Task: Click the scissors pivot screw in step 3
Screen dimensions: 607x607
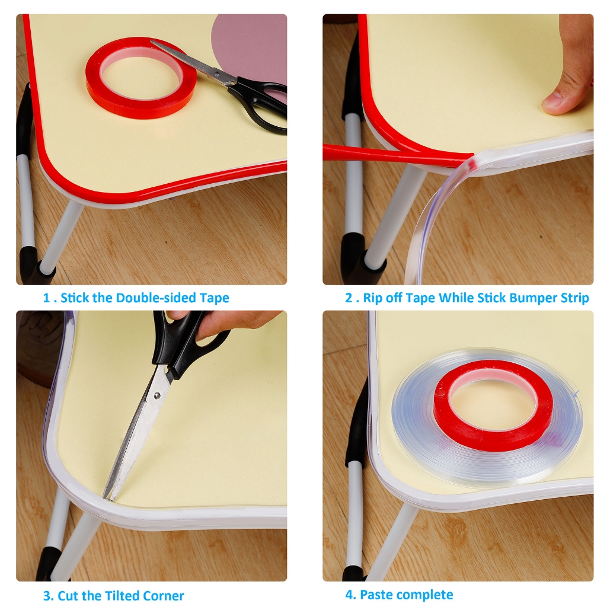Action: (x=157, y=395)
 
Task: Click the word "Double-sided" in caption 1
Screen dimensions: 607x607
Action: (x=156, y=298)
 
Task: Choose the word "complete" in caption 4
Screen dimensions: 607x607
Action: (x=424, y=594)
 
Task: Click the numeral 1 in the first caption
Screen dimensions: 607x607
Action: (x=46, y=298)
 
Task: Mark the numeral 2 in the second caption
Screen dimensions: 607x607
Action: (x=349, y=298)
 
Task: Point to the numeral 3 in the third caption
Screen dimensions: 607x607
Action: (x=47, y=595)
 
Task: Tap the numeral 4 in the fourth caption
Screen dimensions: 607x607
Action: (x=350, y=594)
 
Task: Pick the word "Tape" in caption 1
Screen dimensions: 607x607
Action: (x=214, y=298)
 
